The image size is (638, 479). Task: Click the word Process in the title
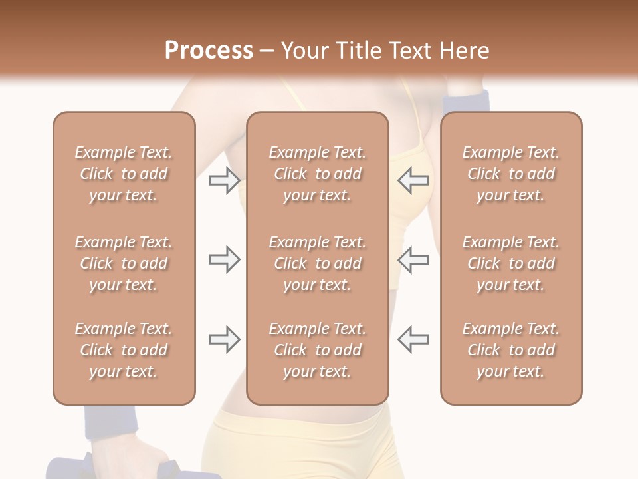pyautogui.click(x=209, y=50)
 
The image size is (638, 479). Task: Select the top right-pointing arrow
pyautogui.click(x=224, y=180)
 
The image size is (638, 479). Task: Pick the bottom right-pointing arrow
pyautogui.click(x=224, y=339)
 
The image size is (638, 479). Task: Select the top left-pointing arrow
pyautogui.click(x=413, y=180)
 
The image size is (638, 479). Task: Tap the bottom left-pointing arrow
pyautogui.click(x=413, y=339)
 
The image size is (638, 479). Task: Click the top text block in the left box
pyautogui.click(x=124, y=174)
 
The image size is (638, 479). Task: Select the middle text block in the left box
pyautogui.click(x=124, y=263)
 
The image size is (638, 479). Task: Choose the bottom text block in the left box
pyautogui.click(x=124, y=350)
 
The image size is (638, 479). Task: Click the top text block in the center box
pyautogui.click(x=318, y=174)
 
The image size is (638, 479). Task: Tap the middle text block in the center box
pyautogui.click(x=318, y=263)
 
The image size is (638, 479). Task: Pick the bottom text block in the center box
pyautogui.click(x=318, y=350)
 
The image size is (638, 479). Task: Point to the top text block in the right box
pyautogui.click(x=511, y=174)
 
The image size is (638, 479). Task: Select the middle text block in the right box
pyautogui.click(x=511, y=263)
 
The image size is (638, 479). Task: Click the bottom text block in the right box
pyautogui.click(x=511, y=350)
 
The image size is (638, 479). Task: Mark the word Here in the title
pyautogui.click(x=465, y=50)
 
